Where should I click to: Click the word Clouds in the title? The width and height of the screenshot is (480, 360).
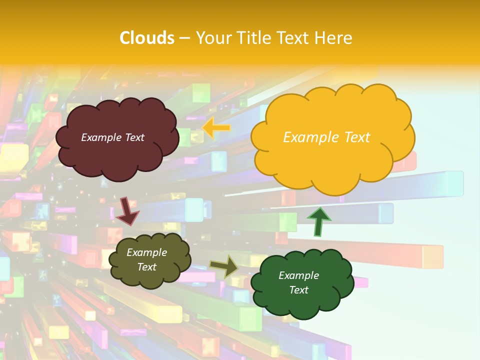[147, 38]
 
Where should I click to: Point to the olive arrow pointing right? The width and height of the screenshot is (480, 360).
[224, 266]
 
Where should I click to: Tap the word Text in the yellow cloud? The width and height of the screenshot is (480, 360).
[357, 137]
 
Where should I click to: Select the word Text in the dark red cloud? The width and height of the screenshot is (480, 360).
[134, 137]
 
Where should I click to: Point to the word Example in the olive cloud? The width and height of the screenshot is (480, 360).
[147, 253]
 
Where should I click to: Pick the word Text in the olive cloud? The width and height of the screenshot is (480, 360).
[147, 267]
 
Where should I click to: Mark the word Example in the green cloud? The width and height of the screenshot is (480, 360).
[298, 275]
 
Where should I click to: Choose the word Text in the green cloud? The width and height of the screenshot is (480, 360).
[298, 290]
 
